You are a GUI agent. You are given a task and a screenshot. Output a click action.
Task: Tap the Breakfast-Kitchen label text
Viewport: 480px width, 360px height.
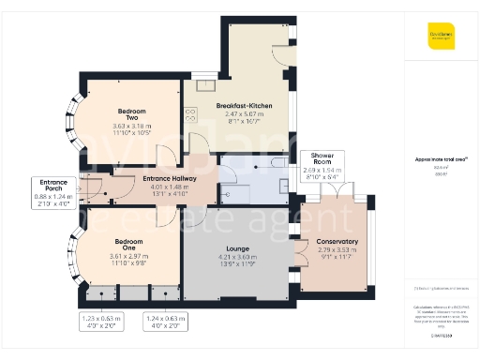tap(244, 106)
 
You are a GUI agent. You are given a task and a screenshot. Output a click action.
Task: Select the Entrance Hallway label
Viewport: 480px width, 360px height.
tap(170, 177)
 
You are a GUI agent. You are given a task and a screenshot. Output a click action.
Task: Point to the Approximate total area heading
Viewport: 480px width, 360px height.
tap(442, 159)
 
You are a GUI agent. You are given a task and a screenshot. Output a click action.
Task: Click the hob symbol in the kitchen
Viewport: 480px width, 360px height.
tap(190, 115)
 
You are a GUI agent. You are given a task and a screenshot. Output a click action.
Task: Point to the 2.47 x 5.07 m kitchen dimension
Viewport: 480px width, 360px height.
tap(244, 114)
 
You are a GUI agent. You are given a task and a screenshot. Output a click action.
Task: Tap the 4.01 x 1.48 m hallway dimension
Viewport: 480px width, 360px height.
tap(170, 186)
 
